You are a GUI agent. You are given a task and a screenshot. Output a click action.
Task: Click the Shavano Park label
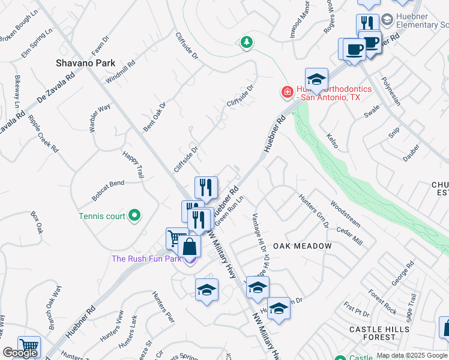pos(85,63)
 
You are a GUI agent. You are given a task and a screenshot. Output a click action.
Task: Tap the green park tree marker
pos(246,42)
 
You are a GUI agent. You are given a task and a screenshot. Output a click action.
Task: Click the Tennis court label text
pos(102,216)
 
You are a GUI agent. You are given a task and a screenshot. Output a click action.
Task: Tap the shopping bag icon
pos(189,247)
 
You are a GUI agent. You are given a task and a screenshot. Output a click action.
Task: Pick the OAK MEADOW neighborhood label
pos(303,246)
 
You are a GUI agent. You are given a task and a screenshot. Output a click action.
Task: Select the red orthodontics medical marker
pos(287,92)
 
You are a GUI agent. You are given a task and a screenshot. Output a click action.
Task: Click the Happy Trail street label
pos(133,164)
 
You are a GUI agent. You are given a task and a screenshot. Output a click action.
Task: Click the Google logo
pos(20,353)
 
